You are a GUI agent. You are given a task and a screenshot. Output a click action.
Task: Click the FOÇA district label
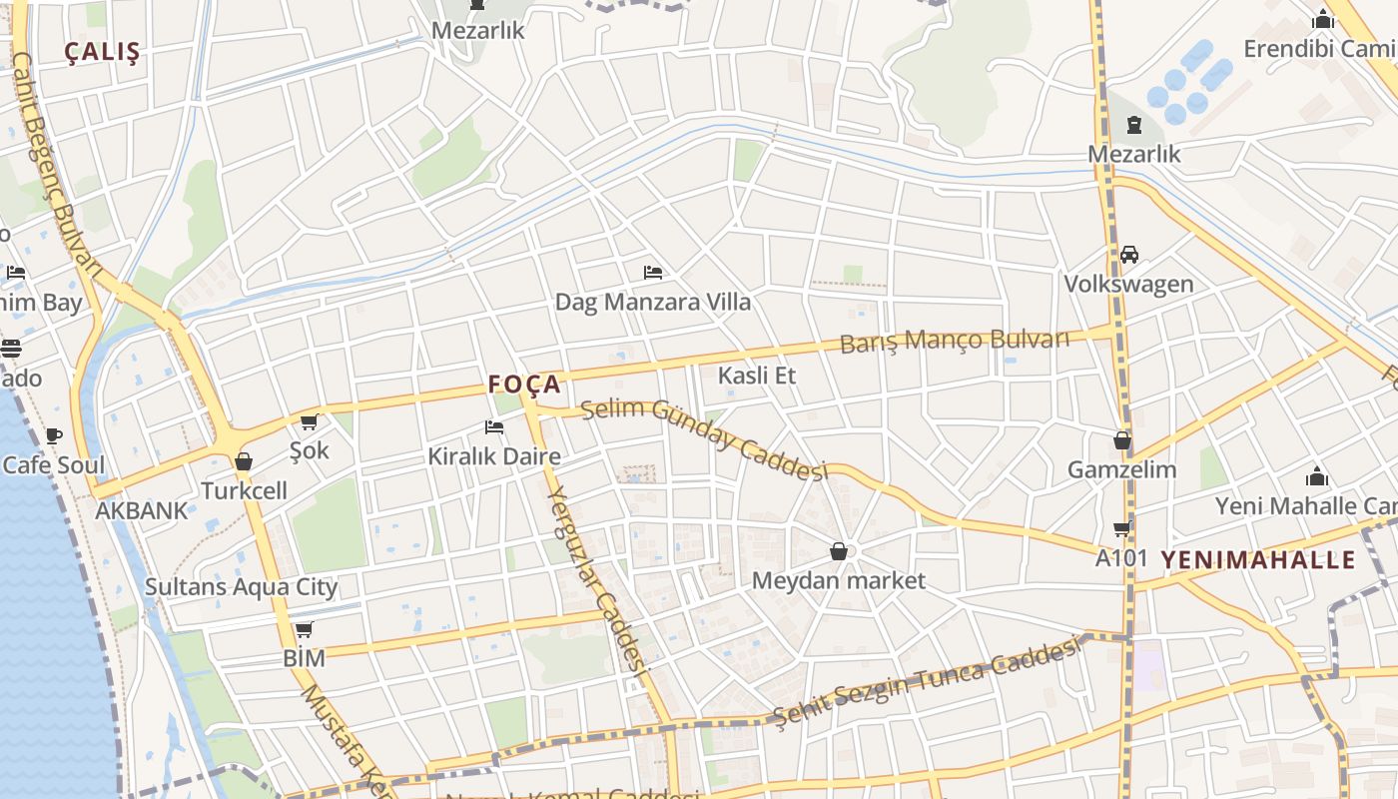tap(524, 385)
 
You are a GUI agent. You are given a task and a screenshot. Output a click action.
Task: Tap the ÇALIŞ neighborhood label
tap(102, 53)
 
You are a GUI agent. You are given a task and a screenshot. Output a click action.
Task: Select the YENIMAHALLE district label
tap(1258, 559)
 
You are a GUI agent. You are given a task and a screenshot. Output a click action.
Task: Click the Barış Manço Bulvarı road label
tap(954, 341)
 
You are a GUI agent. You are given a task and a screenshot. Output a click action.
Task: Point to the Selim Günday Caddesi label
tap(705, 438)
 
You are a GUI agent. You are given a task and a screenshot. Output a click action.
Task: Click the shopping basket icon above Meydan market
tap(839, 551)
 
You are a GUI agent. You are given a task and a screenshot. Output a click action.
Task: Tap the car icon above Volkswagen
tap(1129, 255)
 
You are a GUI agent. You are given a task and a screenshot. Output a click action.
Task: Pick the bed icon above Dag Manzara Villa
tap(653, 272)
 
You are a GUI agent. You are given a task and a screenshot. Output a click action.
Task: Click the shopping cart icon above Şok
tap(309, 422)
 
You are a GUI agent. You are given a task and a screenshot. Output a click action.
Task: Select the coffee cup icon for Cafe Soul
tap(54, 435)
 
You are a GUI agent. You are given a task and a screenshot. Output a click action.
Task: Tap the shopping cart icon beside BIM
tap(305, 629)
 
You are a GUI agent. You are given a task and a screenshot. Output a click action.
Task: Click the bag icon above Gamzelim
tap(1122, 440)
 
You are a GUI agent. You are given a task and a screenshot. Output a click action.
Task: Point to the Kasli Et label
tap(757, 376)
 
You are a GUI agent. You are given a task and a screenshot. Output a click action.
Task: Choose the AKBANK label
tap(141, 511)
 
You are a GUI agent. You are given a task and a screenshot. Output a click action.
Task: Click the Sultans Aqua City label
tap(242, 587)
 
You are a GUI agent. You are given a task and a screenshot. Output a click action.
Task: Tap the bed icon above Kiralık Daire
tap(493, 427)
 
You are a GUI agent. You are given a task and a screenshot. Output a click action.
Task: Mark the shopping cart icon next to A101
tap(1122, 529)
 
